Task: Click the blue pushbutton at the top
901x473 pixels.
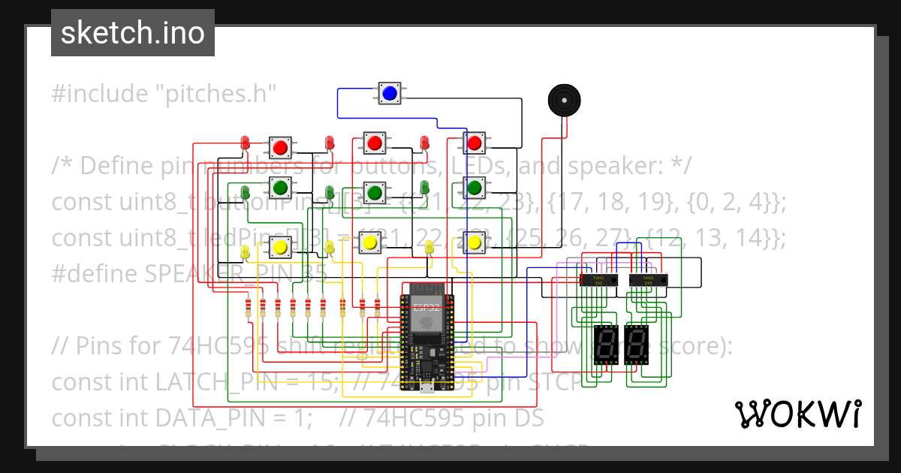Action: [x=389, y=94]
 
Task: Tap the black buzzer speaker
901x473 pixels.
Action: [x=563, y=100]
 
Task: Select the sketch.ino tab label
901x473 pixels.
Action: [x=132, y=33]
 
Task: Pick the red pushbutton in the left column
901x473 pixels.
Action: [x=281, y=146]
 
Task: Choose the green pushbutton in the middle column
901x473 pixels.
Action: [x=374, y=190]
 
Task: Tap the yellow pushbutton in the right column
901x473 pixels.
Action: [x=474, y=242]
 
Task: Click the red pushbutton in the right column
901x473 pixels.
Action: [x=474, y=143]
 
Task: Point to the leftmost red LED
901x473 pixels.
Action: [x=245, y=143]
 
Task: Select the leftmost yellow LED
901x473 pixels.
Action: [x=245, y=252]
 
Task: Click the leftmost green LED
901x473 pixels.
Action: [x=245, y=190]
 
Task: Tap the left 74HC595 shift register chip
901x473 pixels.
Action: [x=598, y=279]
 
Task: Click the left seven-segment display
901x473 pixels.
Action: [x=605, y=344]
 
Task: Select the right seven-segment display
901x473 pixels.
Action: [x=637, y=344]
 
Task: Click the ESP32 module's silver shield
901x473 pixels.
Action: [x=423, y=312]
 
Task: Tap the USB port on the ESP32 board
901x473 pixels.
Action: [x=426, y=389]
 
